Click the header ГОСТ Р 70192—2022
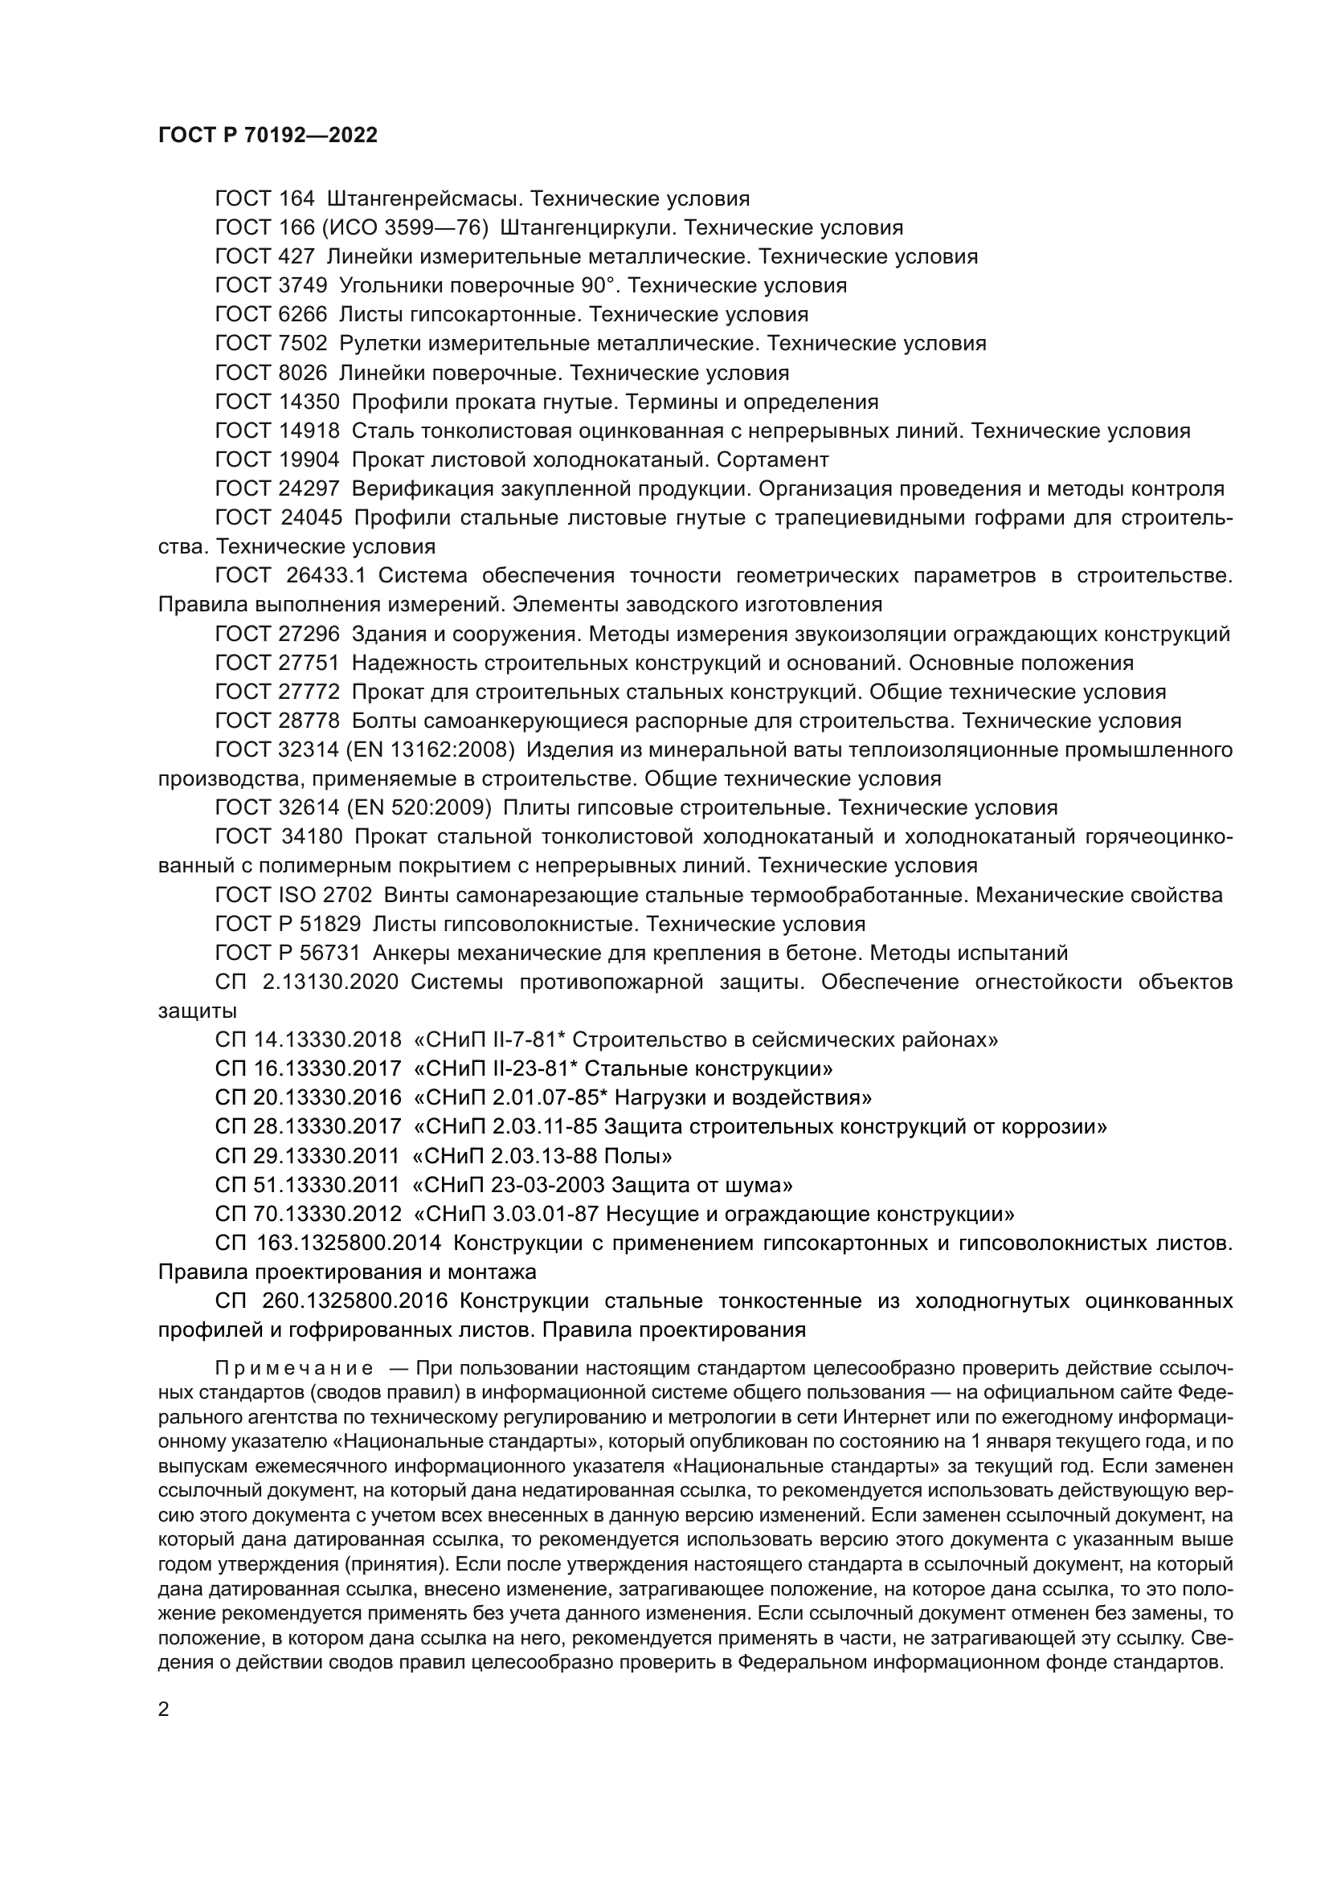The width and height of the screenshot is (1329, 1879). click(x=268, y=136)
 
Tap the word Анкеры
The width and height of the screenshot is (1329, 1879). click(x=411, y=953)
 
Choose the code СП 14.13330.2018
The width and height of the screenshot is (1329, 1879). click(x=309, y=1040)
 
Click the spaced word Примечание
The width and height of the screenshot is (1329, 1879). click(x=295, y=1369)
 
